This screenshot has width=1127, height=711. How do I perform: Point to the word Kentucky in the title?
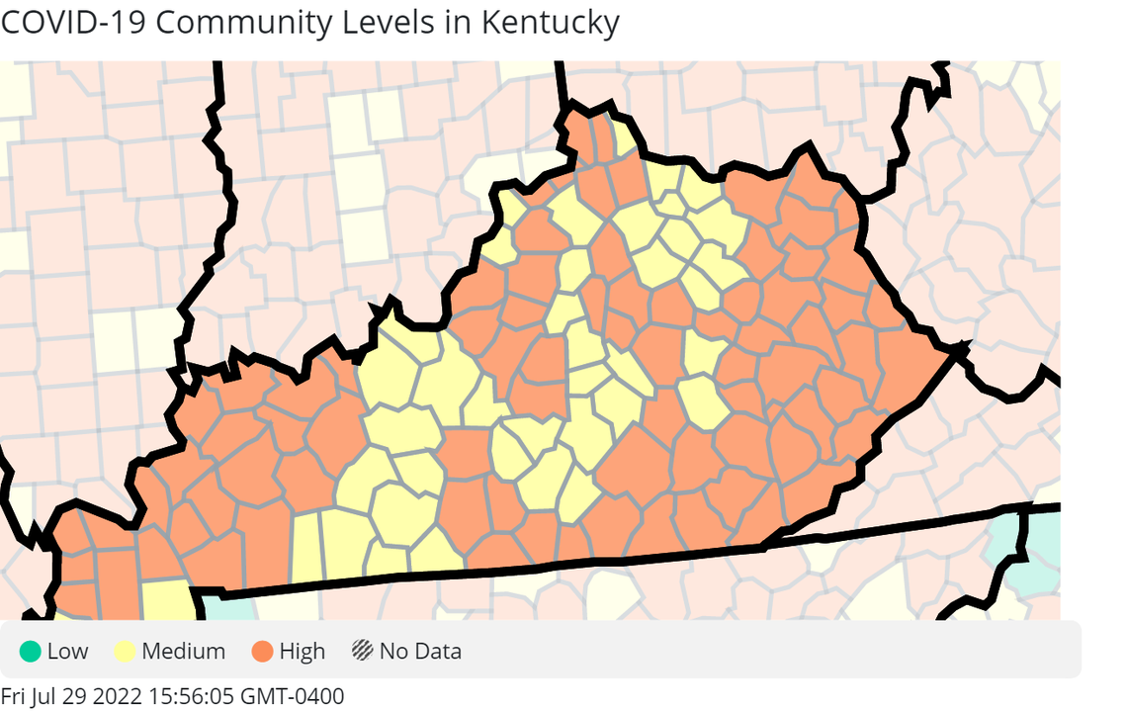[x=550, y=22]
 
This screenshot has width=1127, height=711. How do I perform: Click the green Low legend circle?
[x=30, y=652]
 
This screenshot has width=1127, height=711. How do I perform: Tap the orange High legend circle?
[x=262, y=652]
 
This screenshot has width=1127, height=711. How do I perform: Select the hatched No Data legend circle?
[x=362, y=652]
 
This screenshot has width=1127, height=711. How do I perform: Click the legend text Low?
[x=67, y=652]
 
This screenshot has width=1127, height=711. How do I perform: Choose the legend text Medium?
[x=183, y=652]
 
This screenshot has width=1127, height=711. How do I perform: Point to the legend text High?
[x=302, y=652]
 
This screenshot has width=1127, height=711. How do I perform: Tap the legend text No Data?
[x=420, y=652]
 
